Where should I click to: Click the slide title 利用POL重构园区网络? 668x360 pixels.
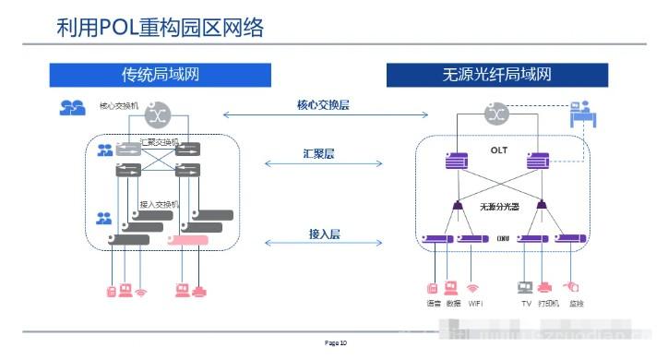[160, 27]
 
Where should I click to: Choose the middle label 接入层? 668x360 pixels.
[324, 234]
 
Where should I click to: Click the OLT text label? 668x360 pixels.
[499, 149]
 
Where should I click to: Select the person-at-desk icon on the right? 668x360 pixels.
[582, 114]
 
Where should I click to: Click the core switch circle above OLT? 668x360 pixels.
[498, 114]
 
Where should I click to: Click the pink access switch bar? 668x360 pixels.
[187, 241]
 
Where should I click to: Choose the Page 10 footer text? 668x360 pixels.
[336, 343]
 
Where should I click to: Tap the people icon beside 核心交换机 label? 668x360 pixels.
[72, 108]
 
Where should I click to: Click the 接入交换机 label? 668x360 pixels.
[160, 204]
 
